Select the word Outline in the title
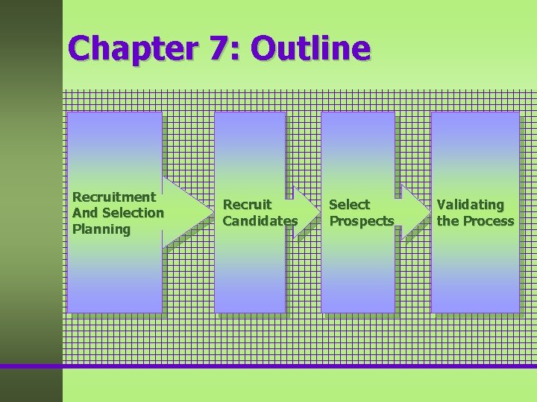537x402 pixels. coord(310,48)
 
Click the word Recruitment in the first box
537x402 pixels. coord(114,197)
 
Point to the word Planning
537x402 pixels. coord(101,229)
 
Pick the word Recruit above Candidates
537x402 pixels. coord(248,204)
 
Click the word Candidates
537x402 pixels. coord(260,221)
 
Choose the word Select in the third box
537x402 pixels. coord(349,204)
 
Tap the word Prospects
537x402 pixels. coord(362,221)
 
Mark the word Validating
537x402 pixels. coord(471,204)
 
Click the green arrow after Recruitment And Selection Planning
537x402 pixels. coord(186,212)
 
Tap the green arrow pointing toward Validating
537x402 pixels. coord(414,212)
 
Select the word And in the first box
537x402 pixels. coord(84,213)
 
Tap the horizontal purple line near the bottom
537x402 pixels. coord(298,366)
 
